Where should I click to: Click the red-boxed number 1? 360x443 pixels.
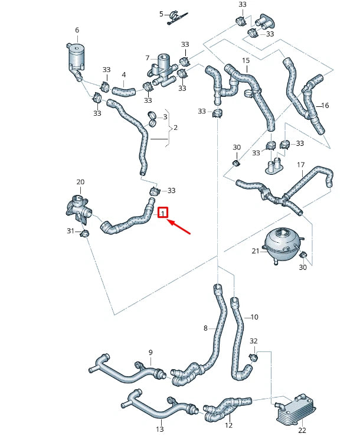click(x=163, y=212)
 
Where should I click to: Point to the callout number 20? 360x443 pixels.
click(x=81, y=182)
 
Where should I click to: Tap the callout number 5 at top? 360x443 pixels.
click(x=161, y=13)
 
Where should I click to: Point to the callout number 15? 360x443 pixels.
click(x=246, y=61)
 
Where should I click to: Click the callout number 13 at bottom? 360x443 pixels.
click(x=159, y=429)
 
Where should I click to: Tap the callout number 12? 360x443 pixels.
click(x=229, y=425)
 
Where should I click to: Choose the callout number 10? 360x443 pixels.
click(x=255, y=317)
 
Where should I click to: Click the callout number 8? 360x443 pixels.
click(x=205, y=328)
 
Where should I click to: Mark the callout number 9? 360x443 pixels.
click(x=150, y=353)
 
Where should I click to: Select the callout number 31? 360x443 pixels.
click(x=70, y=231)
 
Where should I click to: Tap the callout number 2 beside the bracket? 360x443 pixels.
click(x=175, y=128)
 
